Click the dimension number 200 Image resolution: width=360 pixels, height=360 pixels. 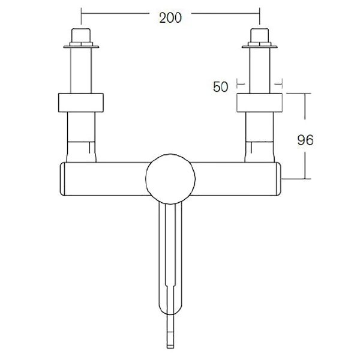coord(171,17)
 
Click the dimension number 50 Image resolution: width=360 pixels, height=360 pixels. coord(221,86)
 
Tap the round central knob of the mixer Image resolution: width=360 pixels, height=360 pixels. coord(171,177)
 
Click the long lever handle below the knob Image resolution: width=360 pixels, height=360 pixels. coord(171,252)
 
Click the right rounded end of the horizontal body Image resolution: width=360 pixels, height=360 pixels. coord(279,179)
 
